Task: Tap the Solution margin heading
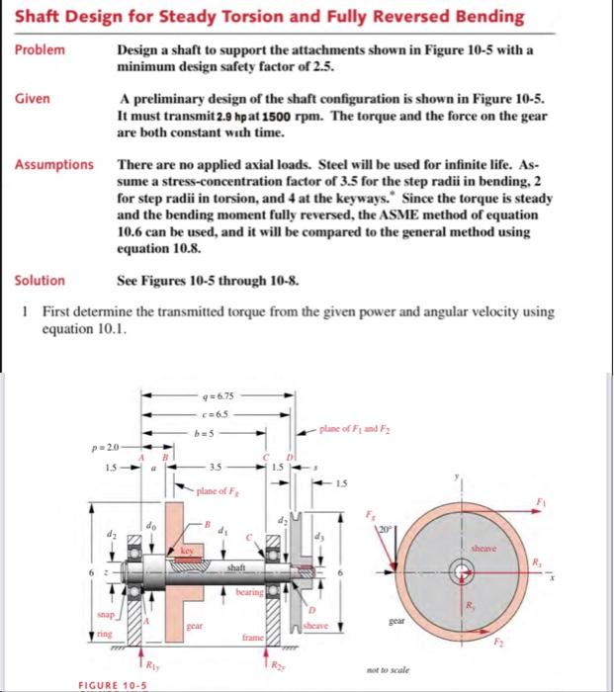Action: (39, 280)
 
